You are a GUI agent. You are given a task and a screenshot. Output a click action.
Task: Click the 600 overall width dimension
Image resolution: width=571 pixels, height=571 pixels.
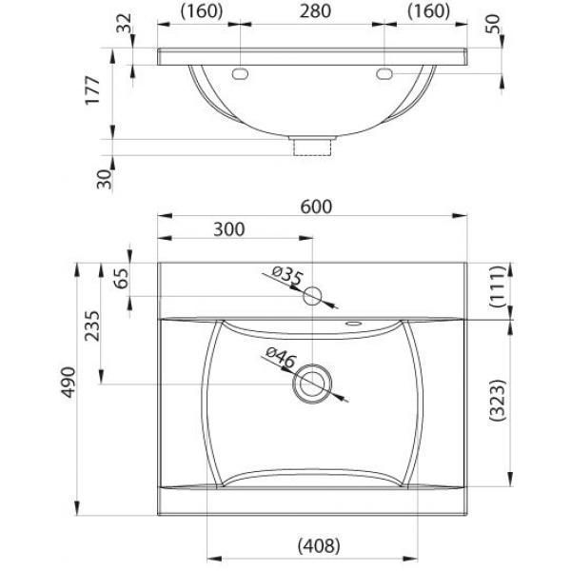(x=316, y=207)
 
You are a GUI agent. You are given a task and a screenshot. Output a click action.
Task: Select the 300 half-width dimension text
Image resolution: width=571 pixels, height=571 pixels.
(x=229, y=229)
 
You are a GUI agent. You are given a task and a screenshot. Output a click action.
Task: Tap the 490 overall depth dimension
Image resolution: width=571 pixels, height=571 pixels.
(x=69, y=382)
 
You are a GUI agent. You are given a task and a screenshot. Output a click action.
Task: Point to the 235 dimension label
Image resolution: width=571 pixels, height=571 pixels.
(x=91, y=325)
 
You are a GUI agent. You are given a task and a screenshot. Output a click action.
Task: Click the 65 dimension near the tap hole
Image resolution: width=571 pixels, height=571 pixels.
(x=122, y=278)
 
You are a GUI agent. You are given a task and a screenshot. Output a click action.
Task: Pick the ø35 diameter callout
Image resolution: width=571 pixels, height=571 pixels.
(x=287, y=276)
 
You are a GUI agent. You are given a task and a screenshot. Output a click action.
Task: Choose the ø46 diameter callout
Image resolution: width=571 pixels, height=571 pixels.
(x=281, y=357)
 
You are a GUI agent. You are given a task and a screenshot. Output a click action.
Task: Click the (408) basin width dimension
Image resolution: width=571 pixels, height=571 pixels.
(x=319, y=546)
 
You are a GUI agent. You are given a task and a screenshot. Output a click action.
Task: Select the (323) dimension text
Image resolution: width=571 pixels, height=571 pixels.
(x=498, y=401)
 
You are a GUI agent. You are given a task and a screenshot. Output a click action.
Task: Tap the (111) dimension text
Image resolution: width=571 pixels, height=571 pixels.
(x=498, y=286)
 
